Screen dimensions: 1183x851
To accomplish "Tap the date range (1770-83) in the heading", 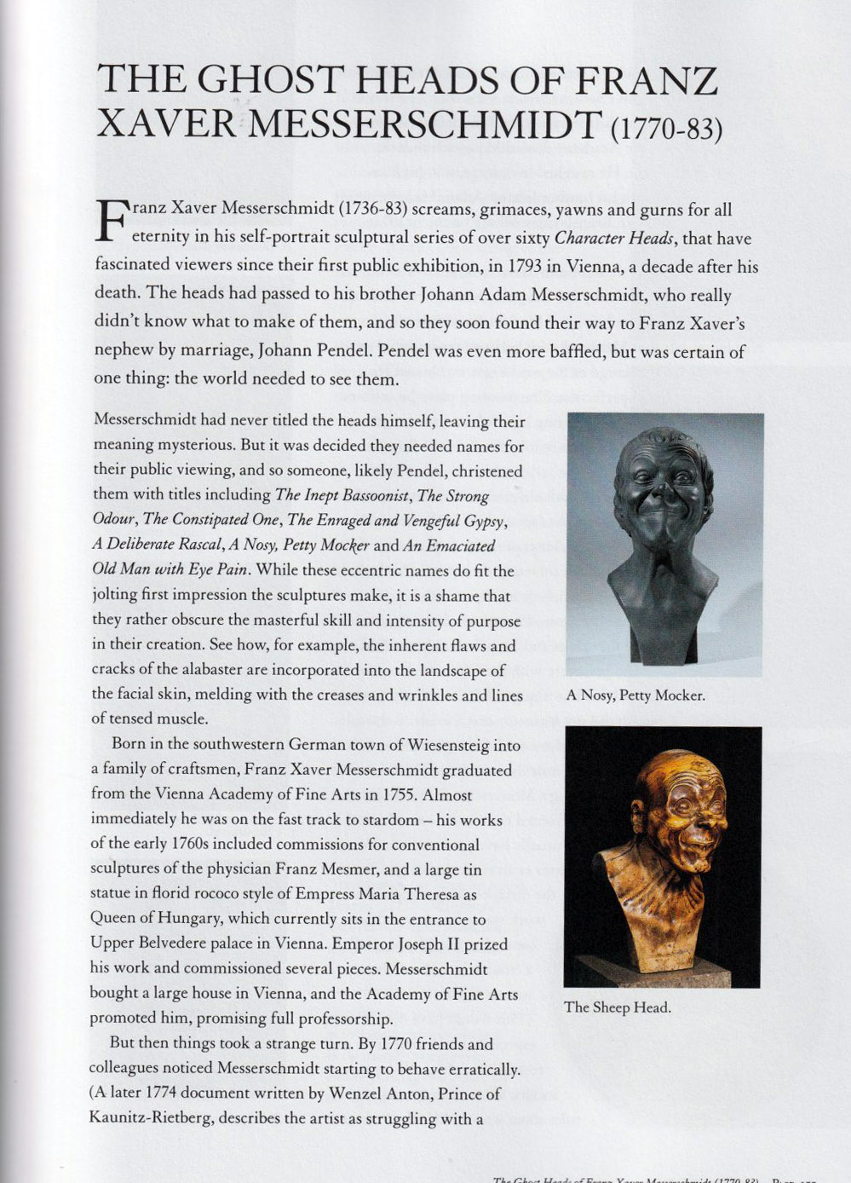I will tap(666, 130).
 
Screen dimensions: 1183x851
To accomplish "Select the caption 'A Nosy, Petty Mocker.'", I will tap(635, 695).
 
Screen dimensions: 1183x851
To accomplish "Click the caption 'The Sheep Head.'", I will tap(617, 1007).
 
